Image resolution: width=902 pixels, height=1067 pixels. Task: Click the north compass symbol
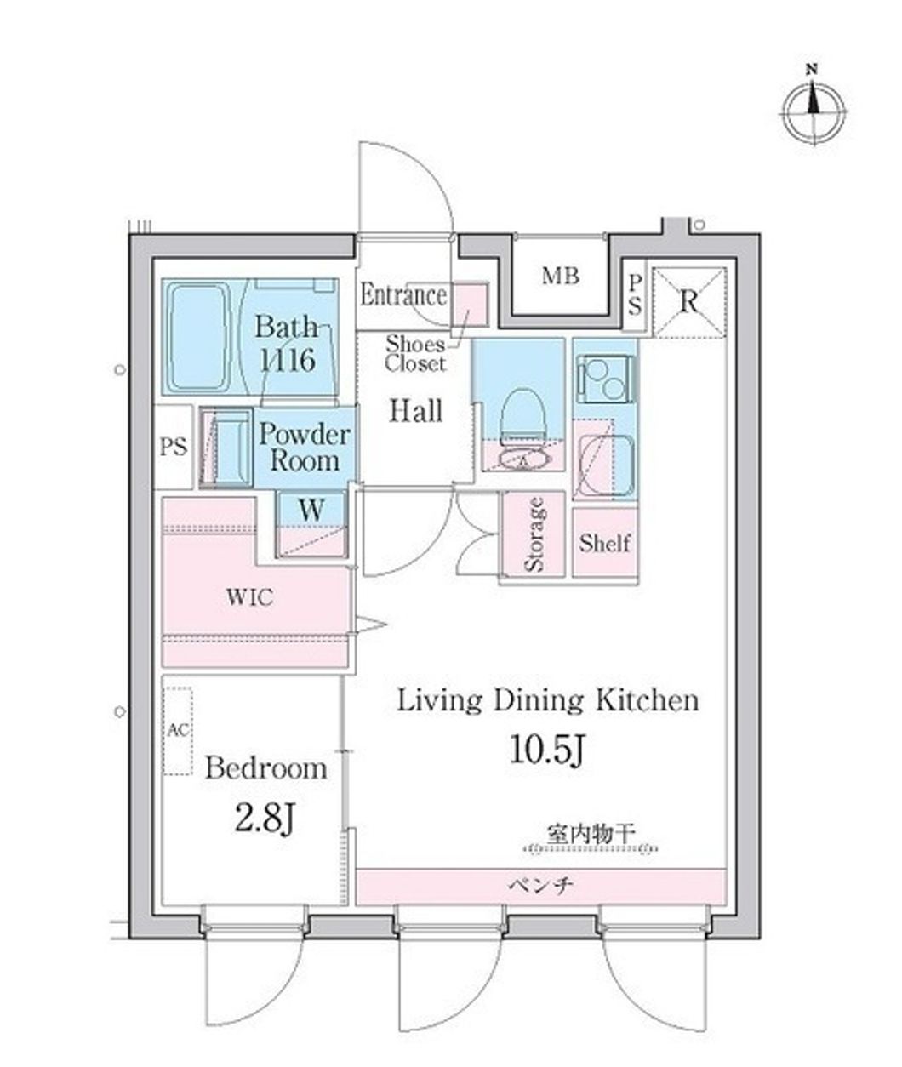tap(814, 110)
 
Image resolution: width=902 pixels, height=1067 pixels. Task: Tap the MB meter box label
tap(561, 276)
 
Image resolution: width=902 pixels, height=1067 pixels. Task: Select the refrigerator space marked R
tap(689, 301)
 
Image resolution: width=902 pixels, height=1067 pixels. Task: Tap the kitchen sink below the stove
tap(603, 467)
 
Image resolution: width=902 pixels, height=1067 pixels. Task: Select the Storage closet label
tap(534, 533)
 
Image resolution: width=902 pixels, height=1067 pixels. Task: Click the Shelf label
tap(604, 542)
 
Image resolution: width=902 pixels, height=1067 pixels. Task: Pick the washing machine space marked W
tap(311, 511)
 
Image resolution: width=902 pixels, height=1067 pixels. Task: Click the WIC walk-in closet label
tap(249, 597)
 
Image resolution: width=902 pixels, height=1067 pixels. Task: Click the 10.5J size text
tap(548, 750)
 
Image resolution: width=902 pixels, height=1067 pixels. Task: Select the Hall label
tap(416, 411)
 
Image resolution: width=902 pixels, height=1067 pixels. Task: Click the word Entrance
tap(403, 296)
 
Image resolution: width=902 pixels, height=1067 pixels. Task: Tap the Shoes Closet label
tap(415, 354)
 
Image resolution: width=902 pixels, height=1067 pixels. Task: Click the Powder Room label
tap(304, 448)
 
